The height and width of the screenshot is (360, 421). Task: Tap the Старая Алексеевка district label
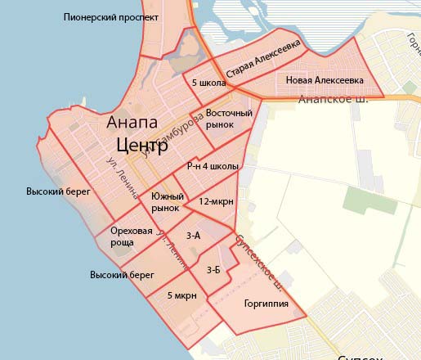coord(264,57)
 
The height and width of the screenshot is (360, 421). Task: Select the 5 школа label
coord(208,83)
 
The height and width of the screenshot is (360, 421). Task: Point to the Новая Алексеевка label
coord(325,80)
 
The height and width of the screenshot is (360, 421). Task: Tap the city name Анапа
coord(132,123)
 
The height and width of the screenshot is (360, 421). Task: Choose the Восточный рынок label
coord(228,118)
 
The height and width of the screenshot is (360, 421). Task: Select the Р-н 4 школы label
coord(213,166)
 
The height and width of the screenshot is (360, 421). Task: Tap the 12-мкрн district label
coord(217,201)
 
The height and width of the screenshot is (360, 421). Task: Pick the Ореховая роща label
coord(132,236)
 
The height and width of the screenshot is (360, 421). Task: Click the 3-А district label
coord(194,236)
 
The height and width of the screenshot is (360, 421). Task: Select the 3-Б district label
coord(213,269)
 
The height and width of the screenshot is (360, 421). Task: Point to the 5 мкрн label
coord(181,295)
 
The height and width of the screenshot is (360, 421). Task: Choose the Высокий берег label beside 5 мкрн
coord(122,275)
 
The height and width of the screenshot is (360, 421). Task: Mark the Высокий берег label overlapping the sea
coord(57,191)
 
